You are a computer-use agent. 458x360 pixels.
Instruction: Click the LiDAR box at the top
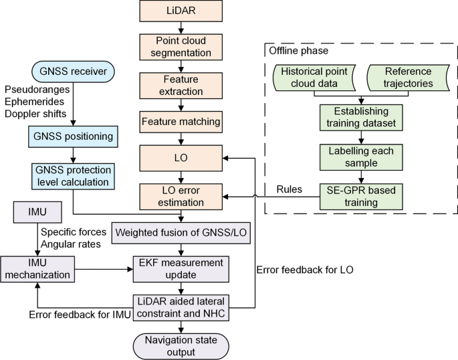[x=181, y=11]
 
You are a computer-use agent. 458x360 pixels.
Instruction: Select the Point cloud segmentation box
[x=181, y=47]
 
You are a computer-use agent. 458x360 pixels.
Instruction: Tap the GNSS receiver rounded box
[x=73, y=72]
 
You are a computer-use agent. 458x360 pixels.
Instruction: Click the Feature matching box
[x=181, y=122]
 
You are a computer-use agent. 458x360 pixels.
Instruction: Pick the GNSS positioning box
[x=73, y=137]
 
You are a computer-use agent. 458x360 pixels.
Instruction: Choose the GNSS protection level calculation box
[x=73, y=176]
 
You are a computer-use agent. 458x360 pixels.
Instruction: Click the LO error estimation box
[x=181, y=197]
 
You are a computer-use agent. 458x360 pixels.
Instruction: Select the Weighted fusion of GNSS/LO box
[x=181, y=233]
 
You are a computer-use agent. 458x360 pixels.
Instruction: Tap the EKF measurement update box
[x=181, y=269]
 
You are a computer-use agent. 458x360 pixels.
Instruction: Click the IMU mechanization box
[x=37, y=269]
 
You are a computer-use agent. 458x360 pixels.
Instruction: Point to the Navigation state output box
[x=181, y=346]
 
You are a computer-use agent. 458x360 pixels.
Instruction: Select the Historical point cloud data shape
[x=314, y=78]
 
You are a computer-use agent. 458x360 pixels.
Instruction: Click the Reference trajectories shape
[x=408, y=78]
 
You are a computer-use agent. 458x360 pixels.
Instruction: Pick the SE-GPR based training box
[x=361, y=197]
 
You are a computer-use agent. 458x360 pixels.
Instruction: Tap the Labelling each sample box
[x=361, y=157]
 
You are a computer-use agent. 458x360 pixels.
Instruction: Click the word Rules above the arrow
[x=289, y=189]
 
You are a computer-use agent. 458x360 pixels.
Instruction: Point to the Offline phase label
[x=298, y=51]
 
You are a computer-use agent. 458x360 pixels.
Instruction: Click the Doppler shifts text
[x=35, y=114]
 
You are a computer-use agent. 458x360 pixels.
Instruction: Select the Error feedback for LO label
[x=305, y=270]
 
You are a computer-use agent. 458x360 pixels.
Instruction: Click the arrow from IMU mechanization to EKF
[x=104, y=269]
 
